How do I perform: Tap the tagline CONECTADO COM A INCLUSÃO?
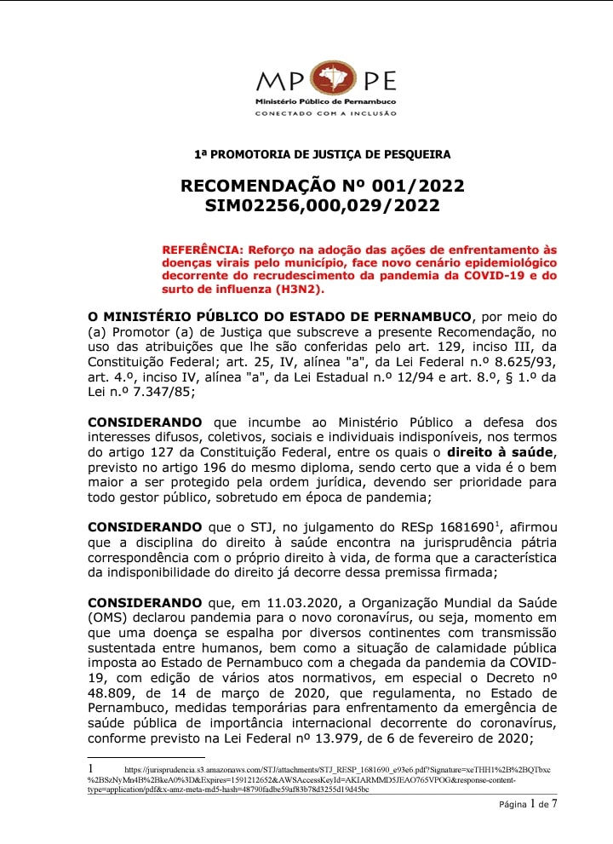tap(326, 113)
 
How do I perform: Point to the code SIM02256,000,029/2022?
tap(322, 206)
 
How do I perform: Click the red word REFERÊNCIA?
tap(202, 250)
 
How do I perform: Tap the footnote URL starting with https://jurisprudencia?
tap(324, 771)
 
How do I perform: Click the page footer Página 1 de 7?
tap(528, 804)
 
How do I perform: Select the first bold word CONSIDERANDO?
tap(145, 422)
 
